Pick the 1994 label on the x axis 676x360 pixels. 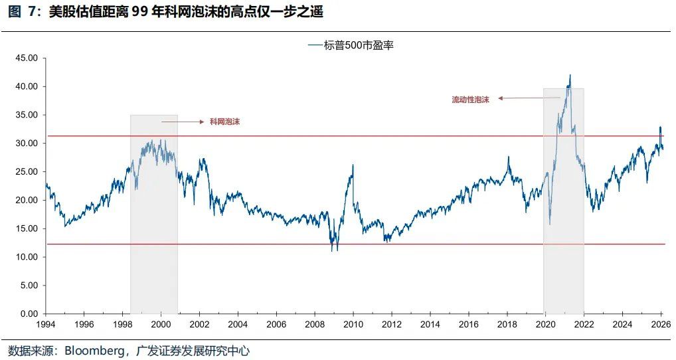click(45, 325)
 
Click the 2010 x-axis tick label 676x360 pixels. click(353, 325)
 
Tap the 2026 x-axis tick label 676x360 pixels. click(660, 325)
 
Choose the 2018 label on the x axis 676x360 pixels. click(507, 325)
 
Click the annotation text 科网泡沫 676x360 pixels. click(224, 122)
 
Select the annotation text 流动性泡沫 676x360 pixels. click(470, 99)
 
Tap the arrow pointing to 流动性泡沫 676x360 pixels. click(529, 98)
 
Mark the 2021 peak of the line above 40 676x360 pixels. click(570, 75)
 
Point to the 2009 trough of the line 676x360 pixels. click(332, 250)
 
